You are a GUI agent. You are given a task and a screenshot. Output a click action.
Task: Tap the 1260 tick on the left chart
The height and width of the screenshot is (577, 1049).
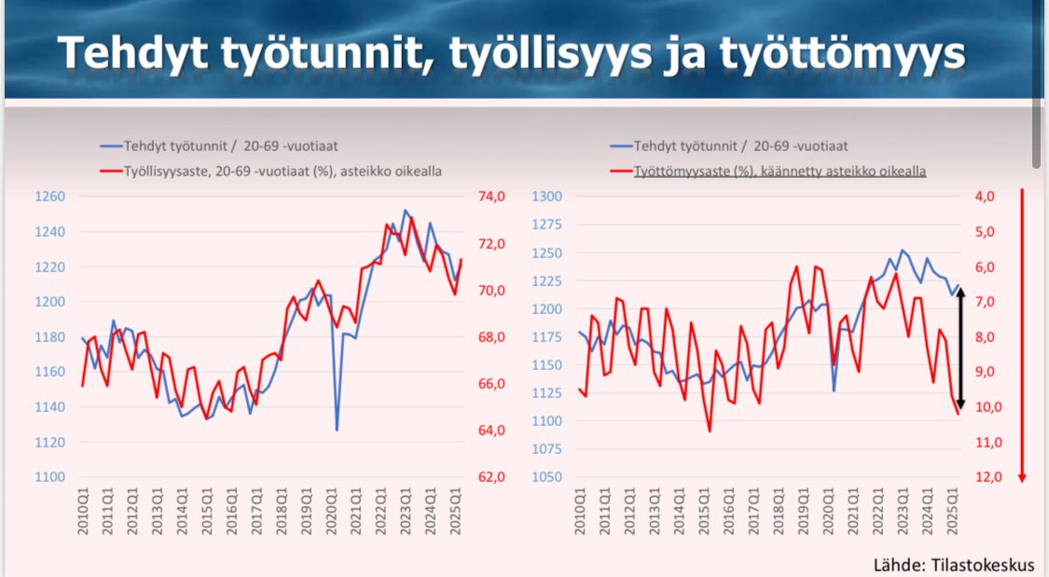[49, 197]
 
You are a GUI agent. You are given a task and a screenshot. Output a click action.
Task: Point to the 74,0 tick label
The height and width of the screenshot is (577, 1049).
[492, 197]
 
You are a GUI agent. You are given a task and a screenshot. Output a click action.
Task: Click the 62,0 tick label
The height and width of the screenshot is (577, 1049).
[492, 477]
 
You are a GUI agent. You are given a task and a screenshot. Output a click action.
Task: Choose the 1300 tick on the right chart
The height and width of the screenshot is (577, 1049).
[548, 197]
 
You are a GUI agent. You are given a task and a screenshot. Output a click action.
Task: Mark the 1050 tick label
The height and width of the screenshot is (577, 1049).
[548, 477]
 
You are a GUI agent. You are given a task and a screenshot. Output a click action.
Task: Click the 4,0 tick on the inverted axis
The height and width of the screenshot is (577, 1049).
[983, 197]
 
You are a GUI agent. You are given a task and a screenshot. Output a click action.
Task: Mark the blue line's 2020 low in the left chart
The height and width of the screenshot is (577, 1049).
[337, 429]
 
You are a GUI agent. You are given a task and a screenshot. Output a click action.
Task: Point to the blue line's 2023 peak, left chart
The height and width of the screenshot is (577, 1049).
[405, 211]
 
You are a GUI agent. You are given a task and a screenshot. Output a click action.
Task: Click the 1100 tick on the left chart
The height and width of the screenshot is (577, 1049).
[49, 477]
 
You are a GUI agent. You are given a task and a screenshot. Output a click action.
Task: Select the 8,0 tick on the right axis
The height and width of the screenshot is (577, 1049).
[983, 337]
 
